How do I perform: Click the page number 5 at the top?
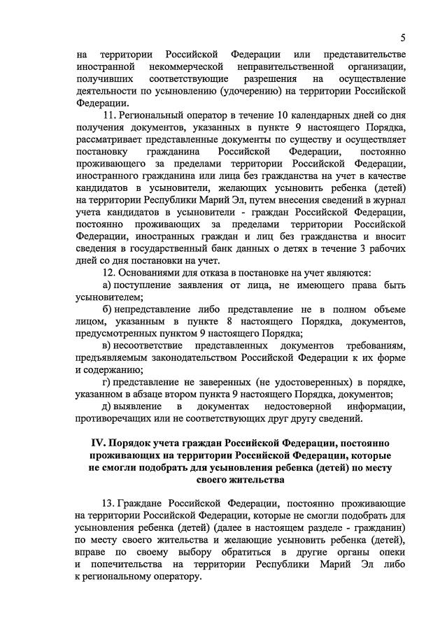point(403,36)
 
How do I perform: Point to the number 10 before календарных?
point(285,114)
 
